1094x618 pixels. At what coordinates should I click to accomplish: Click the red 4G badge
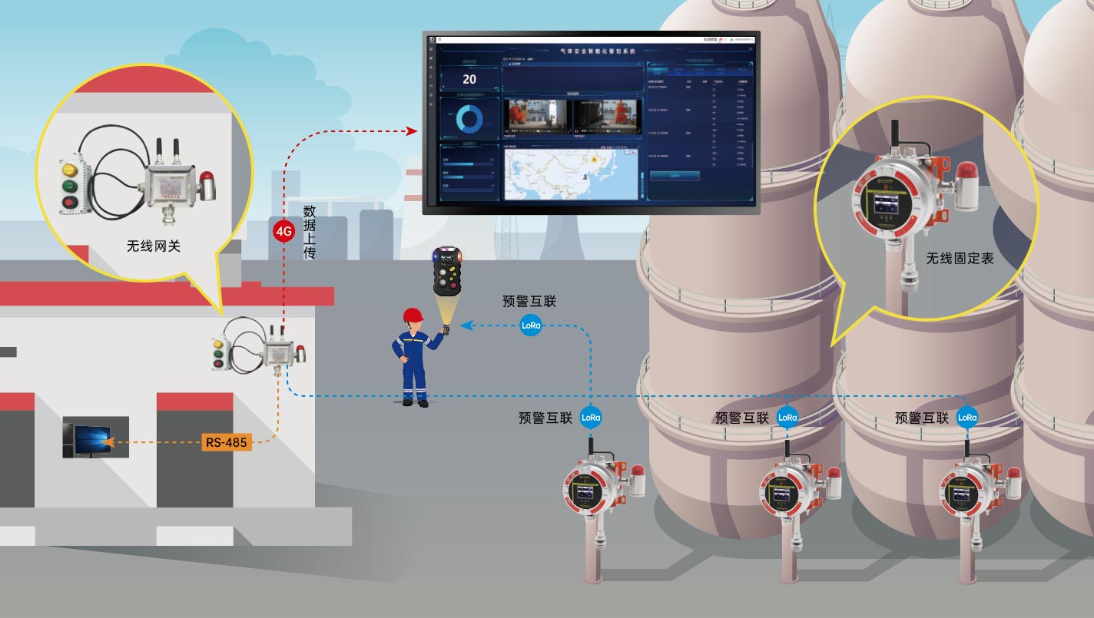pos(284,230)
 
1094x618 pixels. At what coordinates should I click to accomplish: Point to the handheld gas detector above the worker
pos(446,270)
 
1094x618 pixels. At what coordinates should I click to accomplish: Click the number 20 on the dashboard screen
pos(469,79)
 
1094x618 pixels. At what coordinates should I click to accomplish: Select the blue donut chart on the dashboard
pos(469,119)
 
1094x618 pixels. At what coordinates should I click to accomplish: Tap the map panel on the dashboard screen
pos(570,172)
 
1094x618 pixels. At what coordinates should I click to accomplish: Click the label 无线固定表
pos(960,259)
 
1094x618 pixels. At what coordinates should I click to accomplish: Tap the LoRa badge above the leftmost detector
pos(591,418)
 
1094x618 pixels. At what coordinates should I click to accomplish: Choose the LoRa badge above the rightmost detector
pos(967,418)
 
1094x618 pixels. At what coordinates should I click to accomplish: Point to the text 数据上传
pos(310,231)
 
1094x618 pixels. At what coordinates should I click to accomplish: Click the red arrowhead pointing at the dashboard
pos(411,131)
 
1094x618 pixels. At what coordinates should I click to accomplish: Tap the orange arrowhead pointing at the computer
pos(107,442)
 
